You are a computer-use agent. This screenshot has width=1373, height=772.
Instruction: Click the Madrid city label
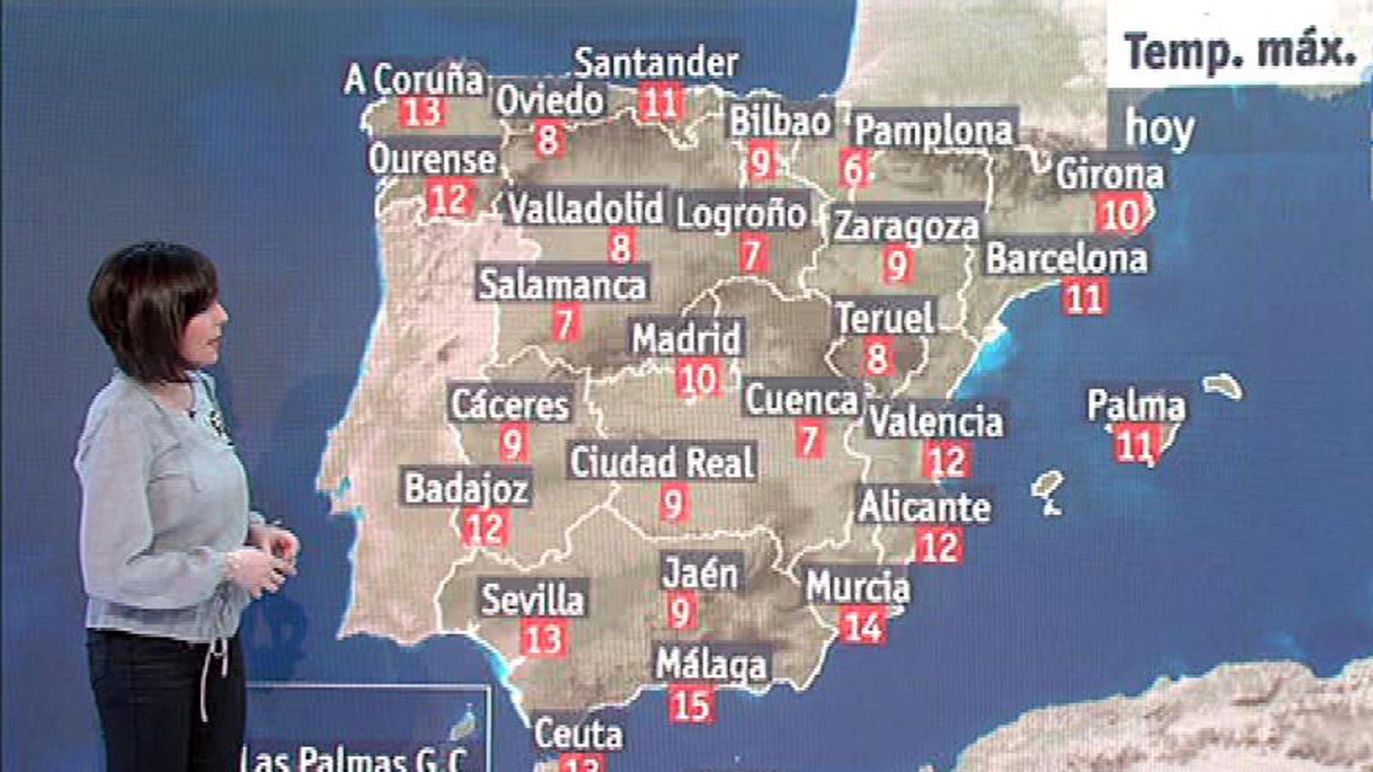pos(686,339)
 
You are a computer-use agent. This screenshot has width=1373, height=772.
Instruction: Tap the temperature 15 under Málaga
pos(691,705)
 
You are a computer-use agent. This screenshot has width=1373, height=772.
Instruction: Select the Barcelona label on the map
pos(1066,258)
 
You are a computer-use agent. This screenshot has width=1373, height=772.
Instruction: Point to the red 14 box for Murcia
pos(862,626)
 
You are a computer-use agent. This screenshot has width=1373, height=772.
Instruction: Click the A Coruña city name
pos(414,80)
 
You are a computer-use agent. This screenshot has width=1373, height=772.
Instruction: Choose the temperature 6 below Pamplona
pos(853,169)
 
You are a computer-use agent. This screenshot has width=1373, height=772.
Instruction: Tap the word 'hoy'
pos(1159,129)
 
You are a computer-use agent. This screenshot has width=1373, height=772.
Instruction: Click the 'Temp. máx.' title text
pos(1240,51)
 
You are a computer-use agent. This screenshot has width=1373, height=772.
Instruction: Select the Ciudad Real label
pos(662,462)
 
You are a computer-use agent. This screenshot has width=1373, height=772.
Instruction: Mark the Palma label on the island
pos(1135,406)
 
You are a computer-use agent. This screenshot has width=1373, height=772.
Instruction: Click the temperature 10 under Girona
pos(1120,214)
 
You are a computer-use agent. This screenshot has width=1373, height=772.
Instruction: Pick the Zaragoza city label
pos(906,226)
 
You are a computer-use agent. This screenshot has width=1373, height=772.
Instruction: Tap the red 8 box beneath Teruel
pos(876,357)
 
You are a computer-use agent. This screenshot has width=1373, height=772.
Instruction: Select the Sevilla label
pos(532,599)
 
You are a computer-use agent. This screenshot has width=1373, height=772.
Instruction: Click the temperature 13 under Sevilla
pos(542,639)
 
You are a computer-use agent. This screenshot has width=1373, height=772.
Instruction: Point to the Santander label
pos(656,63)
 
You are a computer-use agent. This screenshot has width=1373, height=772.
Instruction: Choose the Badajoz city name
pos(467,488)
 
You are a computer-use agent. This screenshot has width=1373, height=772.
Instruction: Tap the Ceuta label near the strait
pos(578,734)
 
